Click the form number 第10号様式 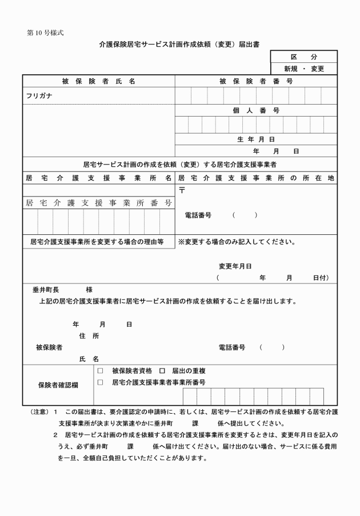coord(45,33)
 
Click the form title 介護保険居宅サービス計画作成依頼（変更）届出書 coord(179,44)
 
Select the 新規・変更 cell coord(303,69)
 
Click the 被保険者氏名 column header coord(99,81)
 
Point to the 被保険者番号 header coord(255,81)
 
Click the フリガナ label coord(39,95)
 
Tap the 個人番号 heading coord(255,110)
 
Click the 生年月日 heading coord(255,139)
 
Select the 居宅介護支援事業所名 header coord(99,178)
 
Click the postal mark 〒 coord(182,190)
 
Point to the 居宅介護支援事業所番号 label coord(99,203)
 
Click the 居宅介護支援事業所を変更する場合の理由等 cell coord(97,241)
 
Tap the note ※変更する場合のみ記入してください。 coord(237,241)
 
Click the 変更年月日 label coord(235,266)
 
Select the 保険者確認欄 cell coord(58,385)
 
